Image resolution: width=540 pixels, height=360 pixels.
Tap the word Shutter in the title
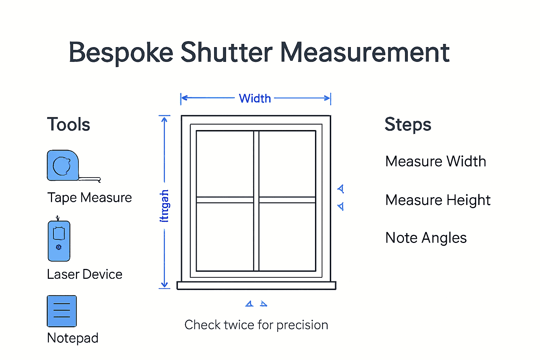pos(226,53)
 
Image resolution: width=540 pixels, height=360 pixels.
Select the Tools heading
pos(69,124)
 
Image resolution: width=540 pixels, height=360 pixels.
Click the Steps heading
pos(408,124)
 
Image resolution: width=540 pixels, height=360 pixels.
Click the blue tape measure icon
pos(63,166)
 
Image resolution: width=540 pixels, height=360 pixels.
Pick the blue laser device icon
pos(59,241)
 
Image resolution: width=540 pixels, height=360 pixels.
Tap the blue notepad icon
pos(62,311)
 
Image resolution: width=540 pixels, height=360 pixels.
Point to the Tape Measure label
pos(90,198)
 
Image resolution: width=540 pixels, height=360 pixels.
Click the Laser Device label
pos(85,274)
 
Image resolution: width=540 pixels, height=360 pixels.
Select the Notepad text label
pos(73,338)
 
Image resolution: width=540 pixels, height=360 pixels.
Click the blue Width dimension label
pos(255,98)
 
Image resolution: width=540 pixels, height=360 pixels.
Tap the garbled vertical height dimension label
pos(164,206)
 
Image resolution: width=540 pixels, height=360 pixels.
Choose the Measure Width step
pos(436,161)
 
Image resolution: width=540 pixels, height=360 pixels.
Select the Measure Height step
pos(438,200)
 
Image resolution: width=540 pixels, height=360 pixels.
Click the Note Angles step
pos(426,238)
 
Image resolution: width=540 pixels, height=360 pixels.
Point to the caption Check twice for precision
pos(256,325)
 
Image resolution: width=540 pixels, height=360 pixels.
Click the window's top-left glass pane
pos(225,164)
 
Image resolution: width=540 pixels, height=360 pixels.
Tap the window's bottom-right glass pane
pos(287,237)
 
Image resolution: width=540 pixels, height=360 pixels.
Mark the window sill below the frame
pos(256,285)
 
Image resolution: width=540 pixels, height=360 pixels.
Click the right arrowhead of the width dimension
pos(327,98)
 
